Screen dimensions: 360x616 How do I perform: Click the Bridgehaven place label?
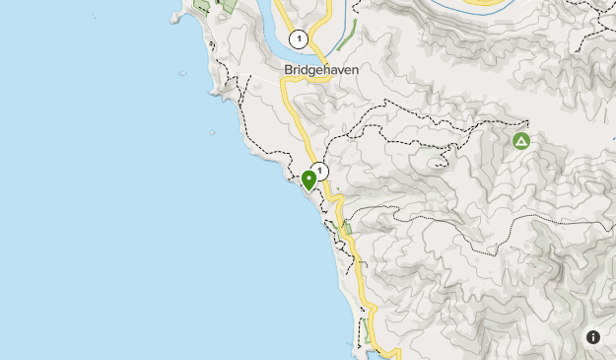(x=320, y=70)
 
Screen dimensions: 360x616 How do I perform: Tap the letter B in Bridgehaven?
(x=288, y=70)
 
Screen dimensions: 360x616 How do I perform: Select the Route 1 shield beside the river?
(x=299, y=39)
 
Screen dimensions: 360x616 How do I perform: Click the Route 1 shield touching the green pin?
(x=319, y=170)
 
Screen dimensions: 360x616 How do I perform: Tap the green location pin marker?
(x=308, y=180)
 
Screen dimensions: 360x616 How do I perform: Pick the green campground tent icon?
(x=521, y=141)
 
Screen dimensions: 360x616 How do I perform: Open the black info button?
(x=593, y=336)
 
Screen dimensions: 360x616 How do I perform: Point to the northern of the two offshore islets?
(x=182, y=74)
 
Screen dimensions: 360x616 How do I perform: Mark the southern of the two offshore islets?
(x=211, y=131)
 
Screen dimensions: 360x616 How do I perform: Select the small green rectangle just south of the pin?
(x=346, y=229)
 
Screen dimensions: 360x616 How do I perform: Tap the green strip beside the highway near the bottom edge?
(x=367, y=330)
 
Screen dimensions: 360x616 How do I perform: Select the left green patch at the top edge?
(x=203, y=5)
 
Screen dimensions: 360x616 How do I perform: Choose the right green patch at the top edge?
(x=229, y=5)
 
